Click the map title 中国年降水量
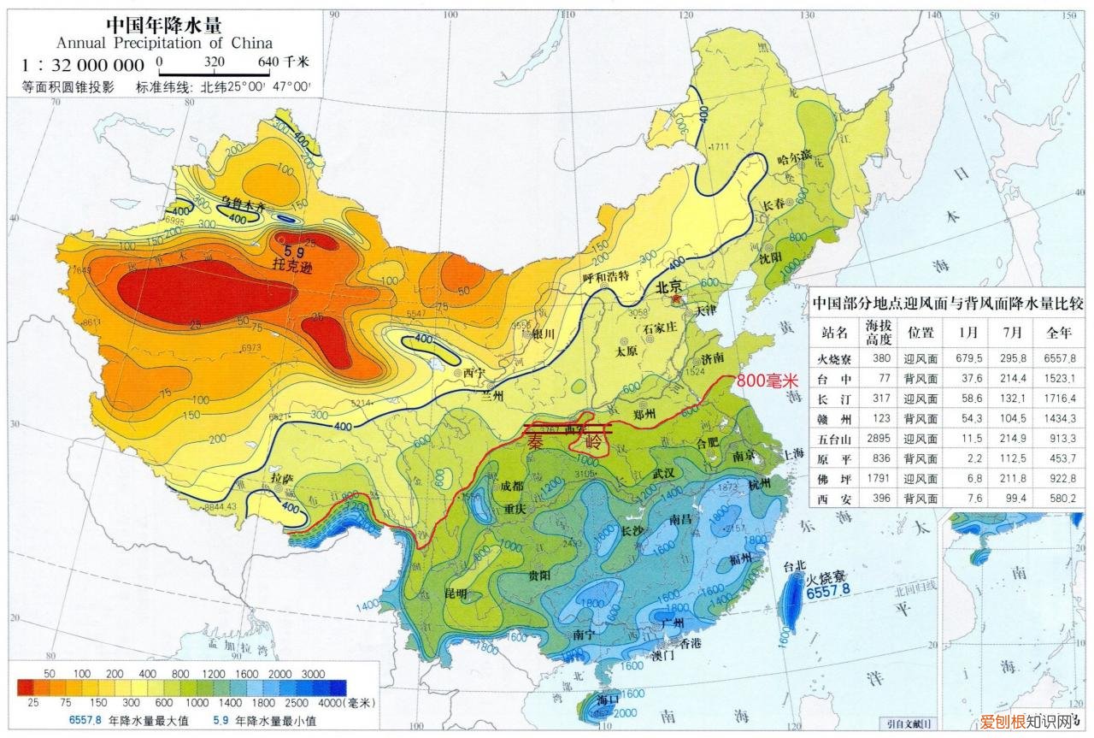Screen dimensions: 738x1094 (x=163, y=24)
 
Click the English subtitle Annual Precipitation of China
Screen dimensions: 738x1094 (x=164, y=43)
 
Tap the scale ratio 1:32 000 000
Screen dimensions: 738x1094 (x=84, y=65)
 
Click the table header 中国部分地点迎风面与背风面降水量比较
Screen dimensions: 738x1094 (x=946, y=303)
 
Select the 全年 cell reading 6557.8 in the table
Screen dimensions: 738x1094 (x=1058, y=357)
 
